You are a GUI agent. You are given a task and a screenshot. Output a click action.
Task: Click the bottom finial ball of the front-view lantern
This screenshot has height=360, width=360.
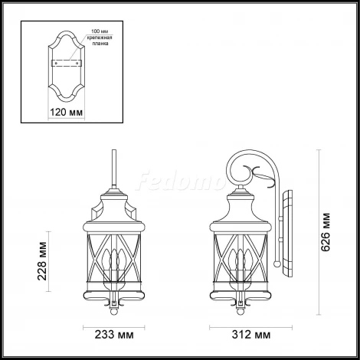[x=114, y=309]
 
